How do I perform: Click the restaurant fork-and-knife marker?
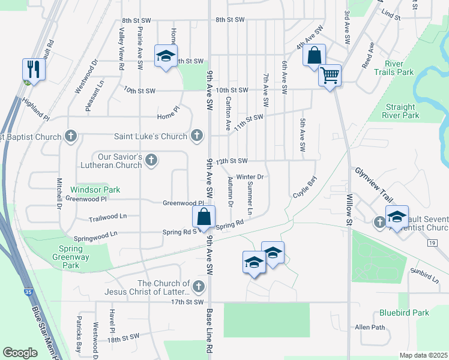(x=33, y=69)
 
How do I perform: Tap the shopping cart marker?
(x=330, y=76)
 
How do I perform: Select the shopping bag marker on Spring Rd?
(x=204, y=217)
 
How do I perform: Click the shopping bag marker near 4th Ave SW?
(x=314, y=56)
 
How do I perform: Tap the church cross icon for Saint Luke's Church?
(x=196, y=137)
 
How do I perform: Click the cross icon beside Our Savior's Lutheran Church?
(x=151, y=160)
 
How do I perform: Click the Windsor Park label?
(x=95, y=190)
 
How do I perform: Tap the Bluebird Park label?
(x=404, y=313)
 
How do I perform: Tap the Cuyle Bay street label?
(x=304, y=188)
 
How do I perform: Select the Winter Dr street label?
(x=250, y=177)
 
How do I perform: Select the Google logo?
(x=20, y=353)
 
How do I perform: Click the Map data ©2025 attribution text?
(x=423, y=355)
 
